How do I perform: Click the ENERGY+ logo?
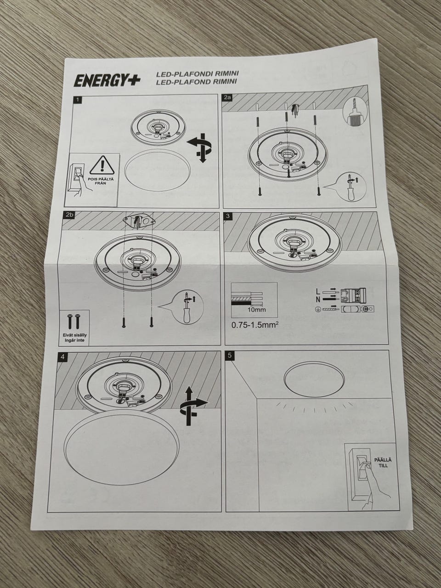pos(107,81)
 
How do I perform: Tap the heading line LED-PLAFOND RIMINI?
pos(196,82)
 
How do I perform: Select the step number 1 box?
pos(78,100)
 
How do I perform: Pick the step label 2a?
pos(228,98)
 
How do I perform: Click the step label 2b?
pos(68,215)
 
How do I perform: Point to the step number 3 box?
pos(228,216)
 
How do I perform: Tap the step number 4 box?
pos(63,356)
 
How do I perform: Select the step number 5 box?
pos(230,356)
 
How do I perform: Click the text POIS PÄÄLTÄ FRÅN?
pos(101,181)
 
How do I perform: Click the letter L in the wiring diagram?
pos(318,291)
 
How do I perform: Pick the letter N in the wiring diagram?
pos(318,299)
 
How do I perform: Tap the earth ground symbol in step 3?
pos(317,310)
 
